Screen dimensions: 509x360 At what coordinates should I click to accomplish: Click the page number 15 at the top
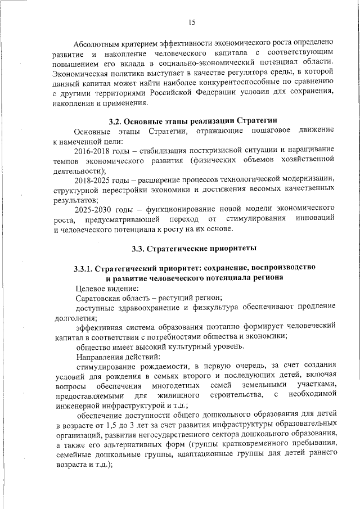[191, 22]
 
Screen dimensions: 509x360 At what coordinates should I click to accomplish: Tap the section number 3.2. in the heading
[116, 121]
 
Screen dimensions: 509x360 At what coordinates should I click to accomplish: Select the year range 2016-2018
[94, 151]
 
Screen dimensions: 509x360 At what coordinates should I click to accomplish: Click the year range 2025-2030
[94, 208]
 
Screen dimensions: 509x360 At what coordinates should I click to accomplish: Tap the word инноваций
[316, 218]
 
